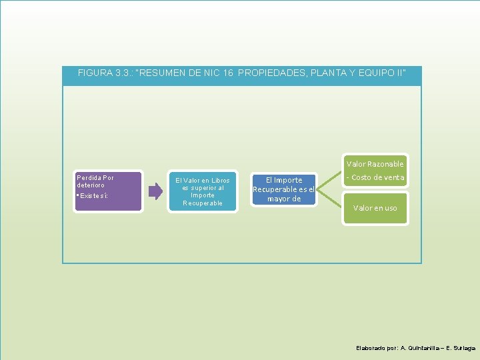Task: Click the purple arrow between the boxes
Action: [x=155, y=191]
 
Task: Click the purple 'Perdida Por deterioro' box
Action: [x=109, y=191]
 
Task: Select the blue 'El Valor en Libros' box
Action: [x=202, y=191]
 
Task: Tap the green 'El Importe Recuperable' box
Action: [x=283, y=189]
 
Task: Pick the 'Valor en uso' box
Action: [x=375, y=208]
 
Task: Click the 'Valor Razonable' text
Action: [x=375, y=164]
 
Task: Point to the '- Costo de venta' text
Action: [x=375, y=177]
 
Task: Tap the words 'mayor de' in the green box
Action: [x=284, y=199]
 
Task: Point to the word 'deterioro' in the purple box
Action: [x=91, y=185]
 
